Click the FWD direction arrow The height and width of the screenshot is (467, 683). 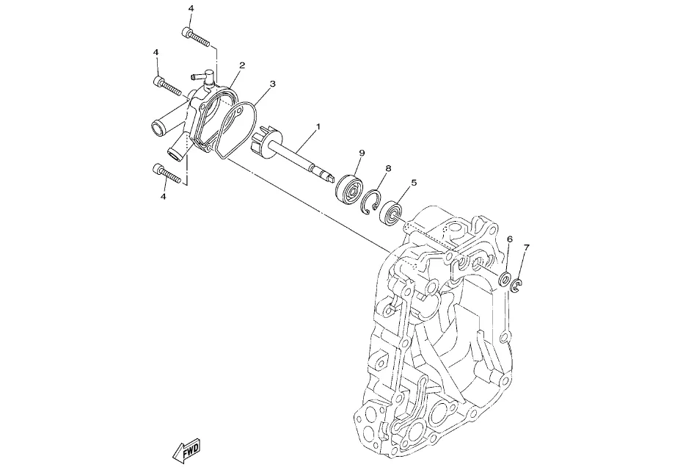pyautogui.click(x=186, y=449)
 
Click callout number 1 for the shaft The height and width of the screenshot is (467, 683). pyautogui.click(x=318, y=126)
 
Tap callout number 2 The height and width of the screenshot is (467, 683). pyautogui.click(x=242, y=65)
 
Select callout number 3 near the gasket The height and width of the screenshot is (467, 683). pyautogui.click(x=273, y=83)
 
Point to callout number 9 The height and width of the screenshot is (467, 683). pyautogui.click(x=362, y=153)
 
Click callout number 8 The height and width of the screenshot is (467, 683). pyautogui.click(x=388, y=168)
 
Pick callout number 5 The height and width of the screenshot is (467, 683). pyautogui.click(x=414, y=182)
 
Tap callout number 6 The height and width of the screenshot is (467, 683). pyautogui.click(x=510, y=239)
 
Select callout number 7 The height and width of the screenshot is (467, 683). pyautogui.click(x=526, y=247)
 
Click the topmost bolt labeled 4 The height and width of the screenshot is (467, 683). pyautogui.click(x=196, y=37)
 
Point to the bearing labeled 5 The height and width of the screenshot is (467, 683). pyautogui.click(x=392, y=212)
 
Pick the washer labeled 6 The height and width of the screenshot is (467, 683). pyautogui.click(x=505, y=279)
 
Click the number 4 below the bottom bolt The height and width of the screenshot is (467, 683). pyautogui.click(x=164, y=197)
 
